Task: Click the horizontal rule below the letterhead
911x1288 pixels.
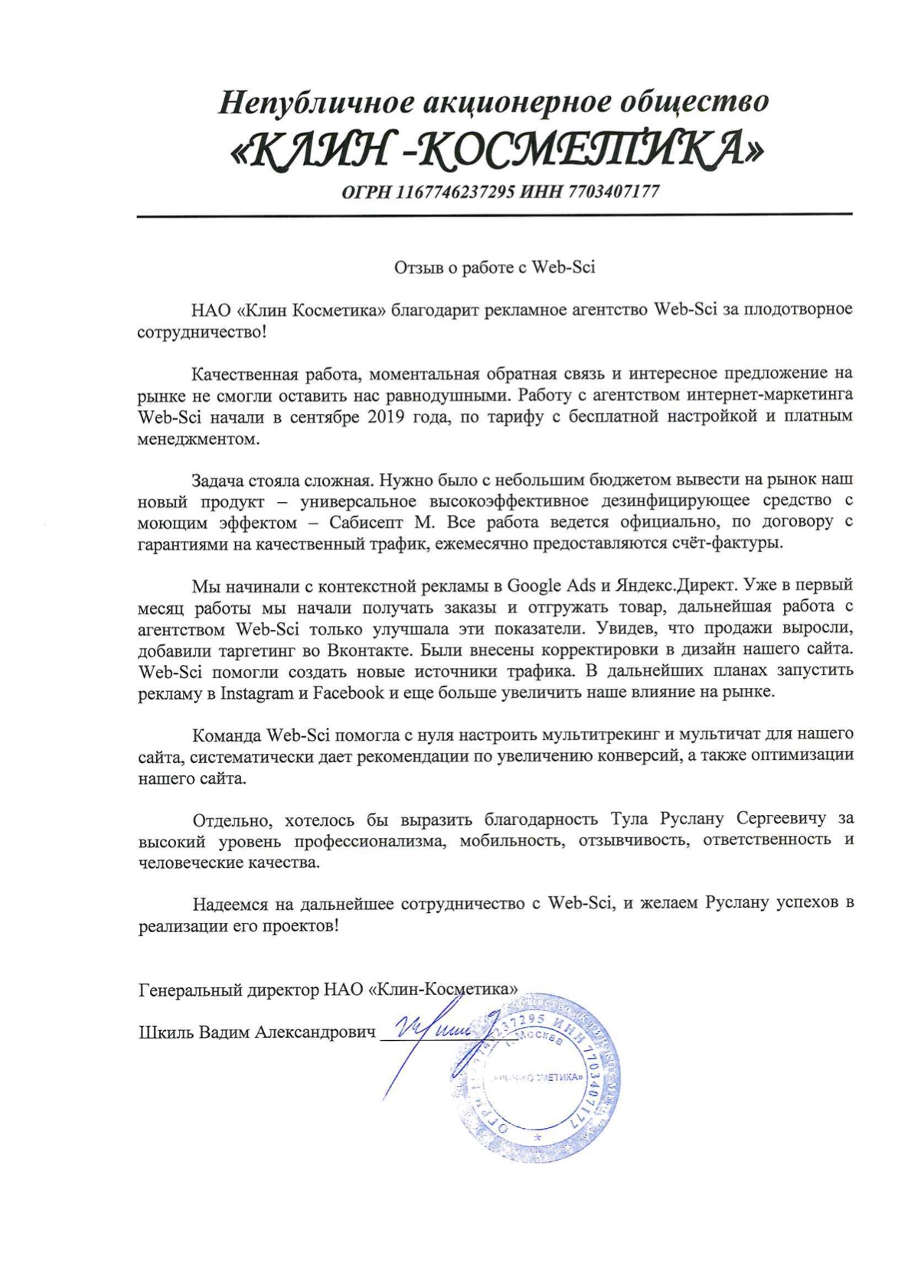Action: tap(494, 215)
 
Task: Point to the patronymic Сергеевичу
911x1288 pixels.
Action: tap(781, 819)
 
